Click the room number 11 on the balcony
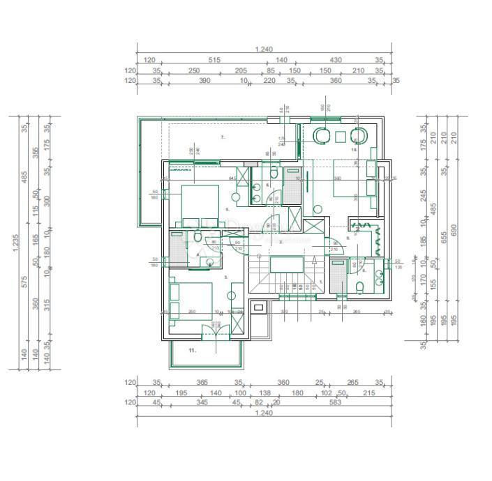click(x=193, y=351)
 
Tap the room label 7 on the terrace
click(x=223, y=137)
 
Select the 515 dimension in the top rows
click(x=214, y=61)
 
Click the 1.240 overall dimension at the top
click(x=264, y=49)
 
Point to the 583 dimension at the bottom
click(x=336, y=403)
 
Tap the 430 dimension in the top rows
click(x=336, y=61)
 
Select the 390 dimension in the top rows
click(x=205, y=81)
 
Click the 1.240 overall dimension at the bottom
click(x=264, y=413)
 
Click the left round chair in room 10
click(x=323, y=135)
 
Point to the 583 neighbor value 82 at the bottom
click(x=259, y=403)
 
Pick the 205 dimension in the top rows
click(x=241, y=70)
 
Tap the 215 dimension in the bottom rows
click(x=368, y=393)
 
